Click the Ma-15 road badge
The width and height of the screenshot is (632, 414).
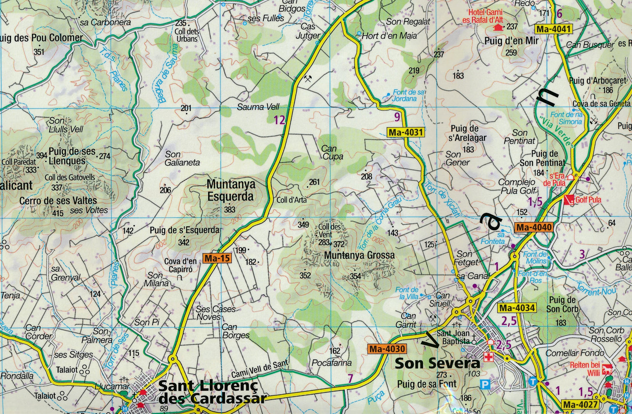(217, 258)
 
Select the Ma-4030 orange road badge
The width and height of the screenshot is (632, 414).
(387, 349)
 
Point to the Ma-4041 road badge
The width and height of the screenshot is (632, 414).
(554, 30)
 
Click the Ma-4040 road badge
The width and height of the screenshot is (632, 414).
(534, 228)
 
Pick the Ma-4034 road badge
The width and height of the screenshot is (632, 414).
(517, 308)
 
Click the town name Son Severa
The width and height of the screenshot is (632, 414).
(437, 363)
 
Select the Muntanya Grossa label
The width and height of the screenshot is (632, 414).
(359, 255)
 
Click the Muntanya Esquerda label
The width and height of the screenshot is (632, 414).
(230, 191)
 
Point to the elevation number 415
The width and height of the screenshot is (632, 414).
(58, 213)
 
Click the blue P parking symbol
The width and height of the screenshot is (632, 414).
(485, 384)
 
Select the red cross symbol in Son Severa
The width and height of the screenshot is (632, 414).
(488, 358)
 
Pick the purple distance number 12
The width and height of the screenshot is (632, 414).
(279, 120)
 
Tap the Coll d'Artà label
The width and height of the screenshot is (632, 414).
(292, 200)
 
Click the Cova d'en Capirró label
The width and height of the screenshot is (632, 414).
(180, 266)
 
